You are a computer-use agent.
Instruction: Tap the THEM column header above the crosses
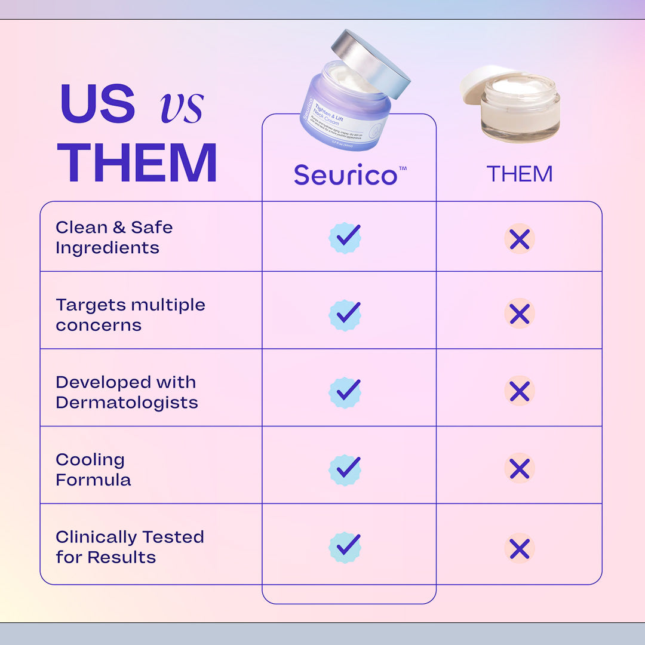[519, 174]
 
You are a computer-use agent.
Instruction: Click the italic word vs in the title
[182, 106]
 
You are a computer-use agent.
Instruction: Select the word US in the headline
[98, 103]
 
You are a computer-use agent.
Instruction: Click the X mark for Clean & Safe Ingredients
[520, 239]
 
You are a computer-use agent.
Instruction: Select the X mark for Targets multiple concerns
[520, 314]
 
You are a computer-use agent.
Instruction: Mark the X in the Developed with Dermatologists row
[520, 391]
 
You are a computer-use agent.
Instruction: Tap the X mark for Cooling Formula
[520, 469]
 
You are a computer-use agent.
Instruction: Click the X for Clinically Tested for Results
[520, 548]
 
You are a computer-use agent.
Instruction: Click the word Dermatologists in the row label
[127, 403]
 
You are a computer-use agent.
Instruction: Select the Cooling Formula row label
[93, 469]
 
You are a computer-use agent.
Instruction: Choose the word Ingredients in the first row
[107, 248]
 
